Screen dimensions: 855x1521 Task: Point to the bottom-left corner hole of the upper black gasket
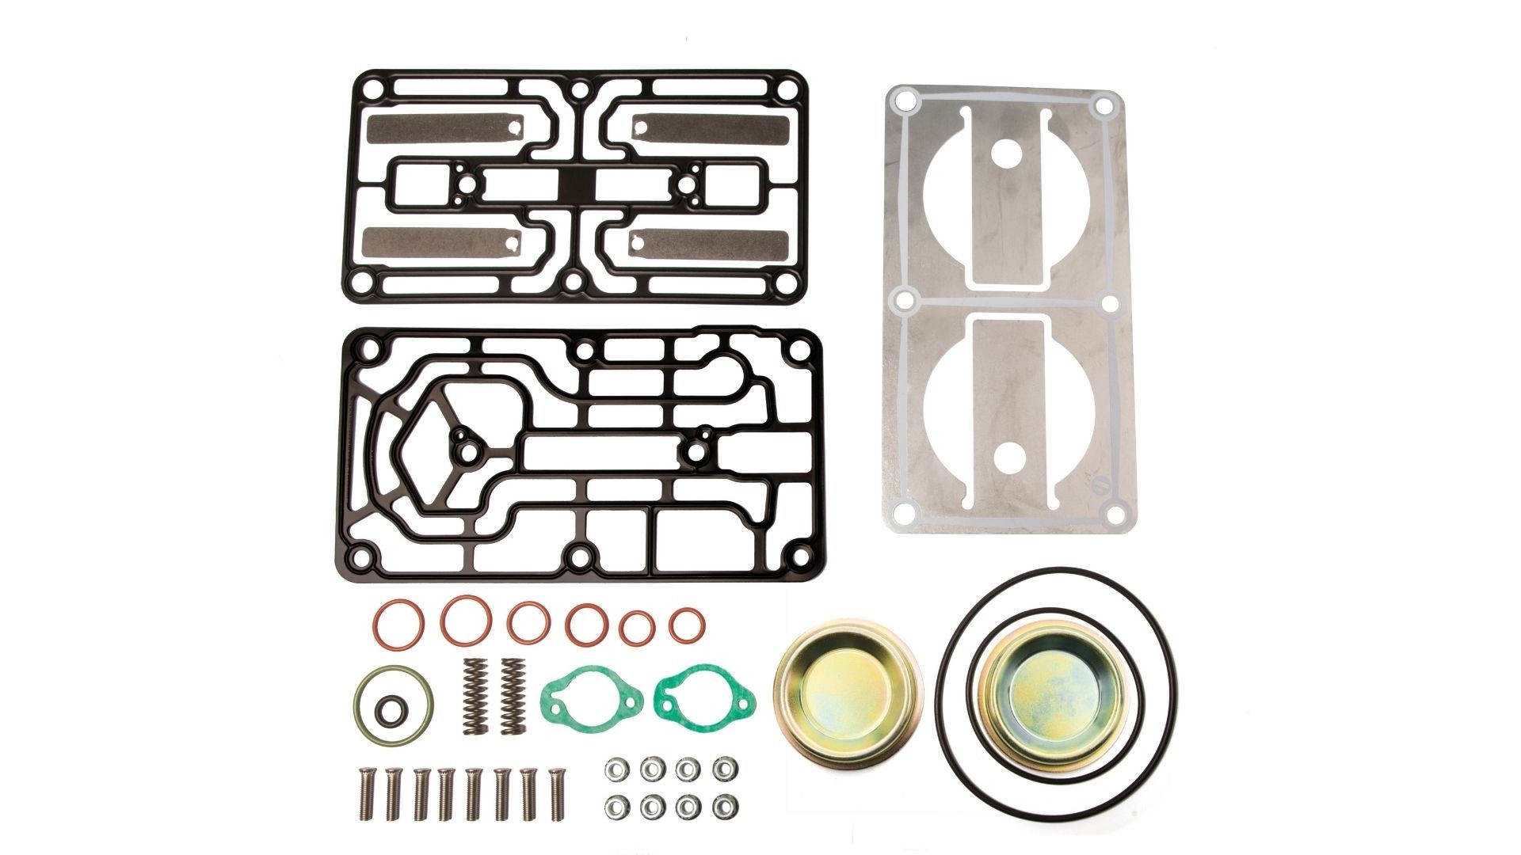coord(365,279)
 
